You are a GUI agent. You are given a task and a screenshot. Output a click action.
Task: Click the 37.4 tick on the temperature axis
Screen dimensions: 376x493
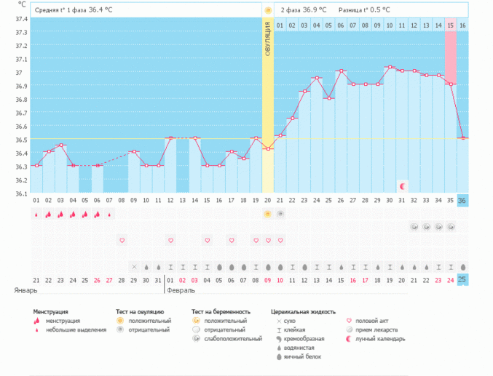(20, 19)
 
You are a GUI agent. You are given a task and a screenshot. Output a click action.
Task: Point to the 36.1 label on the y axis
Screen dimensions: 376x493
(20, 193)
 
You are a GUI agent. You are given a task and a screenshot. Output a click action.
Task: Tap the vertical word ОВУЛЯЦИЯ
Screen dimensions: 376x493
(268, 44)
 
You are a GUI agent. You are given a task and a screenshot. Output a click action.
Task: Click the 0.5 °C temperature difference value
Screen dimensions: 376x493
(376, 10)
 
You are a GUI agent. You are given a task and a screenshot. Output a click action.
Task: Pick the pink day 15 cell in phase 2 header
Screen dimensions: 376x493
(451, 26)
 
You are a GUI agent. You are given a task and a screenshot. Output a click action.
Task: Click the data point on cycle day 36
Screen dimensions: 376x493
(463, 138)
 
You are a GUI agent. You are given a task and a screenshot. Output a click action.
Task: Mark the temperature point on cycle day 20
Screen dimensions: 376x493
(268, 149)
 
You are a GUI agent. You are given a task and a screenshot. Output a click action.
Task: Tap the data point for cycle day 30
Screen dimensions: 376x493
(390, 68)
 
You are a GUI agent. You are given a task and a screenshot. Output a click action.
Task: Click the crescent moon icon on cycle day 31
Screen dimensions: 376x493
(402, 186)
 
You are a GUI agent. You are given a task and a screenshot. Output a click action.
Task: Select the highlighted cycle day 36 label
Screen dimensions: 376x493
(463, 200)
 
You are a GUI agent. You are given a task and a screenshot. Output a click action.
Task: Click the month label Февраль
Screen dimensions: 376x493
(181, 289)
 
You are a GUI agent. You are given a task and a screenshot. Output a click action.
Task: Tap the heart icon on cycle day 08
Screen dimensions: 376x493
(122, 240)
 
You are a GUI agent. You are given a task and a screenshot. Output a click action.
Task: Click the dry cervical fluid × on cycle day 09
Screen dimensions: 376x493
(134, 266)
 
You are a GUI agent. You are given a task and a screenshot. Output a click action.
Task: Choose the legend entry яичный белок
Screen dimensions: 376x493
(300, 356)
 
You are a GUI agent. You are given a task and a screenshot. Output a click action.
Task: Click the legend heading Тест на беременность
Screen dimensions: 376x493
(226, 311)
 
